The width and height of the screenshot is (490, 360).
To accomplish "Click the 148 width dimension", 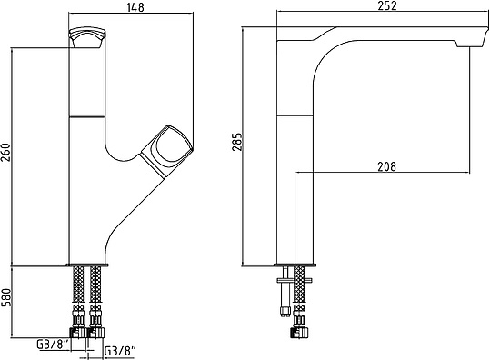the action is (x=135, y=6).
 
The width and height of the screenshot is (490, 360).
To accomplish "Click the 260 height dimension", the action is (x=6, y=152).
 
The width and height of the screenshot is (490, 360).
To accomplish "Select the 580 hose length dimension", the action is (x=6, y=297).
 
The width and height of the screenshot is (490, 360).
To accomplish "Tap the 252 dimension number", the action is (x=387, y=5).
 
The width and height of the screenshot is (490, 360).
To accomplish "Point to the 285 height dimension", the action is (x=238, y=142).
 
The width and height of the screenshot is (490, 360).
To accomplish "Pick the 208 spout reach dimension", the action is (x=387, y=166).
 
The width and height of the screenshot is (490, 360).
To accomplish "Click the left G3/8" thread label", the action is (x=53, y=345).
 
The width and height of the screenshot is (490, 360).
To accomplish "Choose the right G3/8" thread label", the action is (x=120, y=351).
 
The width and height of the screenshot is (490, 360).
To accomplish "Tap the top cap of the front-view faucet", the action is (x=87, y=38).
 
